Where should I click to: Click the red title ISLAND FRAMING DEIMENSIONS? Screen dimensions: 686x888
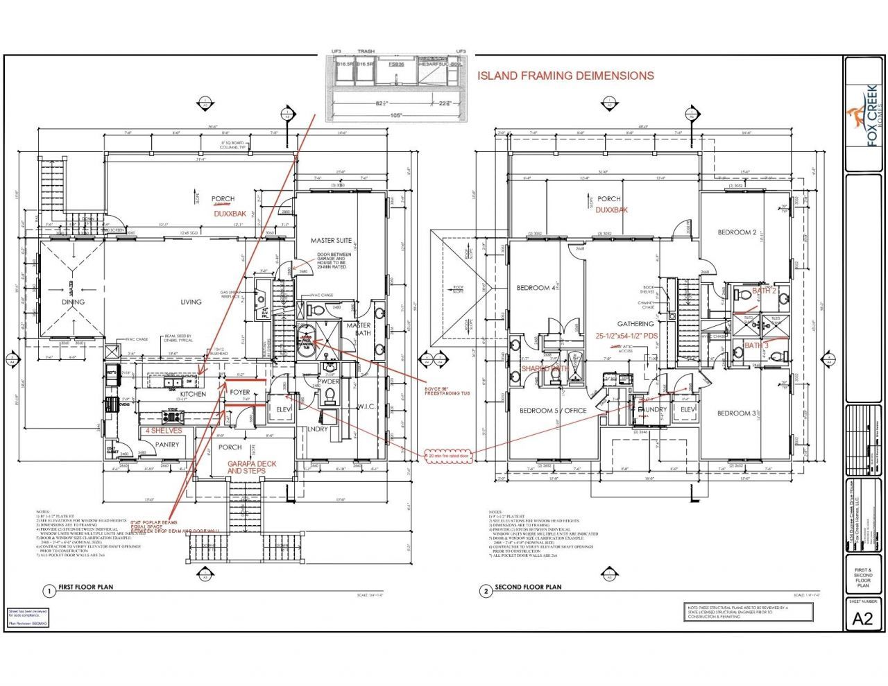(565, 76)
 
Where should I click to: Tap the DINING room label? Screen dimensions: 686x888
(73, 302)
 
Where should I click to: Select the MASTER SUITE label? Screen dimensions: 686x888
(331, 241)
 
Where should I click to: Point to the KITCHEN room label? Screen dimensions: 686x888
(193, 394)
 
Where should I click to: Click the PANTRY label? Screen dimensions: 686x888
(167, 445)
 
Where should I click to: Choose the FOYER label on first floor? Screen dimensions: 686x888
(240, 393)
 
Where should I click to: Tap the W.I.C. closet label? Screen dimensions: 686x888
(366, 406)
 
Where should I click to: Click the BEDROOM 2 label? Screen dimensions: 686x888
(737, 232)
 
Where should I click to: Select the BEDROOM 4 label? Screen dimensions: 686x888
(536, 288)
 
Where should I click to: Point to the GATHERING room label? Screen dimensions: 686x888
(635, 324)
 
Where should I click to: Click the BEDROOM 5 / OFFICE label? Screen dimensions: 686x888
(553, 411)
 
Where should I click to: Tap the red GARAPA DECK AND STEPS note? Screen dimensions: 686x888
(246, 468)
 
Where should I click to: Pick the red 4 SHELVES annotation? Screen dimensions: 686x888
(163, 430)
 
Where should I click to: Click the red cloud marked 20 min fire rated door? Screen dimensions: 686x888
(450, 456)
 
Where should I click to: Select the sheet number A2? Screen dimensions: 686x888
(862, 619)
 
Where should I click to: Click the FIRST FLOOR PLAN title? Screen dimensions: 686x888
(85, 588)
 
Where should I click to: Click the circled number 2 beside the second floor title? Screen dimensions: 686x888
(486, 591)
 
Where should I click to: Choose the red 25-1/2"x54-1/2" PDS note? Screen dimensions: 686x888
(626, 335)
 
